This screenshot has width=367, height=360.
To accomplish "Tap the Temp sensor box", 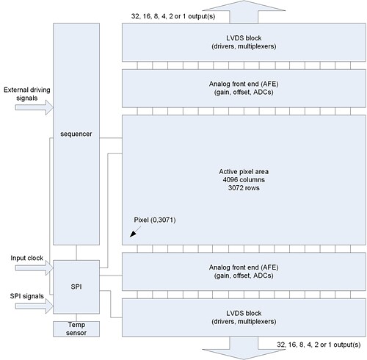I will (x=75, y=328).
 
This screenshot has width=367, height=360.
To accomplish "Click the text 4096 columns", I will (x=244, y=179).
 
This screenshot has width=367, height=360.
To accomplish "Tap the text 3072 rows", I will (x=244, y=188).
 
